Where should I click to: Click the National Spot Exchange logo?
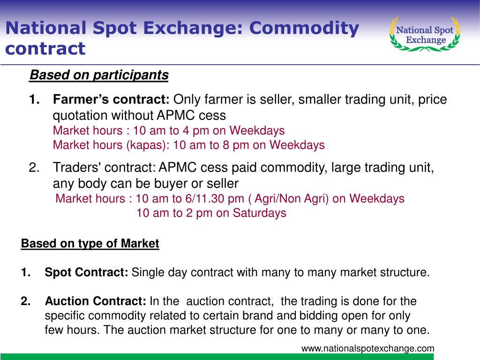point(425,34)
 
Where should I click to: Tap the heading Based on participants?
point(99,75)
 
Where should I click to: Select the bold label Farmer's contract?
point(111,99)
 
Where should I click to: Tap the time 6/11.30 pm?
point(215,199)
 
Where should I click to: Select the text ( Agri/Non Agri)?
point(288,199)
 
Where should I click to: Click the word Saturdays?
point(259,213)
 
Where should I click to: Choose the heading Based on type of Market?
point(90,244)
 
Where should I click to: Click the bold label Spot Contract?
point(86,272)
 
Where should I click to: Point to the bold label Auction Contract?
point(96,301)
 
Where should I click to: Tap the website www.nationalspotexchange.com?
point(367,348)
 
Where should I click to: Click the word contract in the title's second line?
point(45,49)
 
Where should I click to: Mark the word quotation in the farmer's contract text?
point(80,116)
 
